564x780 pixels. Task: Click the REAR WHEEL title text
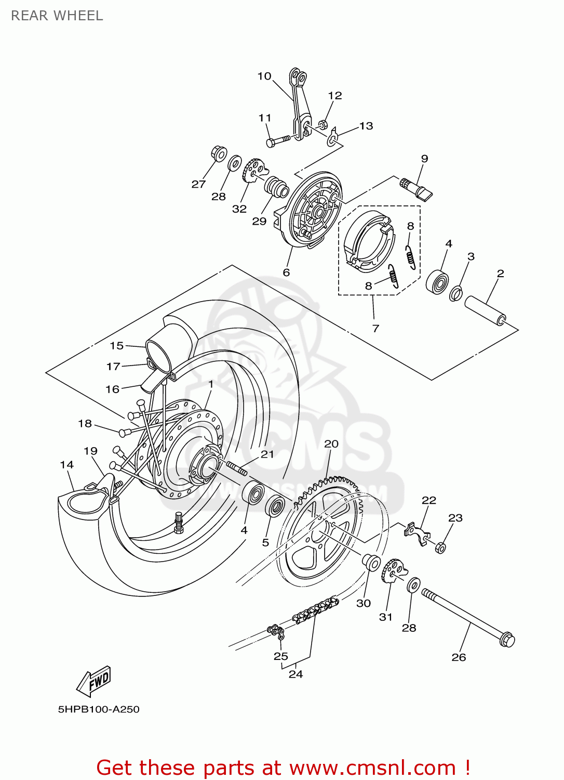57,16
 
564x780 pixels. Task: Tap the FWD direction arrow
94,681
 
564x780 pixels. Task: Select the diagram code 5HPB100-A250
99,709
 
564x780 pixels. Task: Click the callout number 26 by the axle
459,657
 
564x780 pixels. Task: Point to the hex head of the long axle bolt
506,639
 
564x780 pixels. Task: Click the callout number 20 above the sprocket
331,444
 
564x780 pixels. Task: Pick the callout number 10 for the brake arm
264,76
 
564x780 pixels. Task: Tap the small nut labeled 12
322,124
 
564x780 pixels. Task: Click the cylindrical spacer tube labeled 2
485,310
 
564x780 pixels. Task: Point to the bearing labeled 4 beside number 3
438,282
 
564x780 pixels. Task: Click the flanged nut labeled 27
219,153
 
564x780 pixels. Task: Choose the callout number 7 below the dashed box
375,328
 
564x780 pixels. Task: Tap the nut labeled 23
440,548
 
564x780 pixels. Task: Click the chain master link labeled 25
276,632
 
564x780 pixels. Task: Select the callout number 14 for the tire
67,465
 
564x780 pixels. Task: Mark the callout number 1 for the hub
211,384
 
